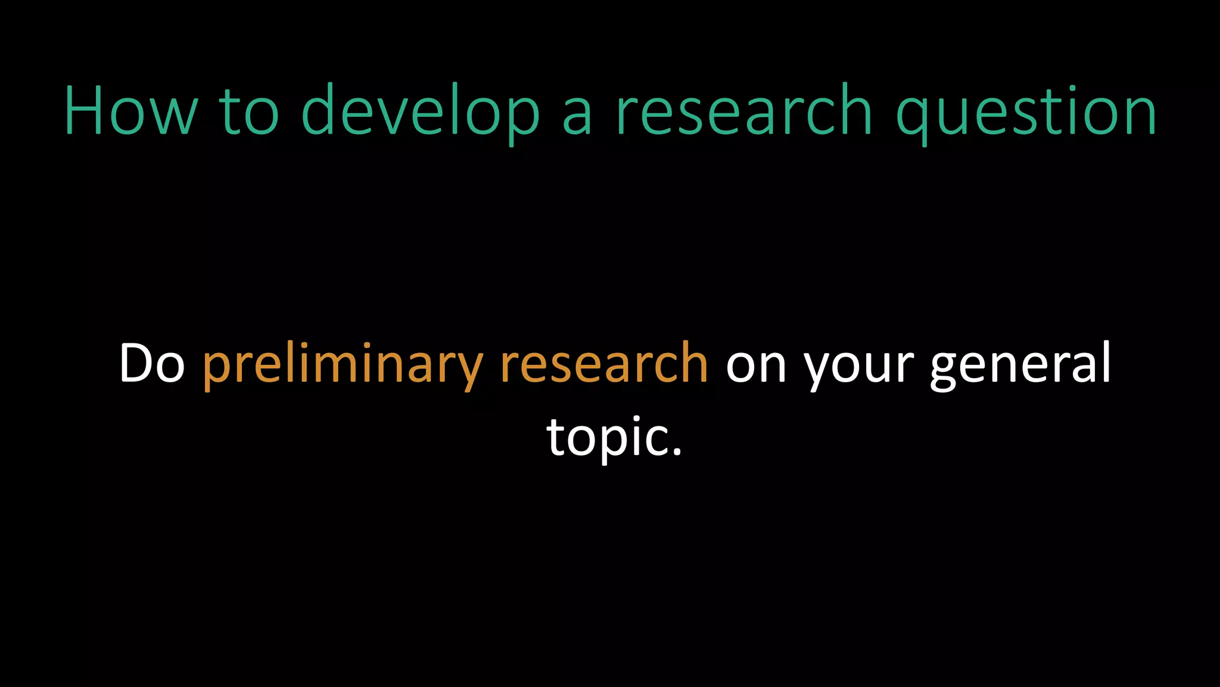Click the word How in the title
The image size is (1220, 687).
pyautogui.click(x=130, y=112)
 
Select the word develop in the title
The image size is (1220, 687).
pyautogui.click(x=421, y=112)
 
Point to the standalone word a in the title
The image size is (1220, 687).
pyautogui.click(x=577, y=113)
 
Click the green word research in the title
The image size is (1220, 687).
pyautogui.click(x=744, y=112)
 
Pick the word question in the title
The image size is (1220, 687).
pyautogui.click(x=1026, y=112)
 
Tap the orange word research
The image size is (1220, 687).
pyautogui.click(x=604, y=363)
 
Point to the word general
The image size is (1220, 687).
pyautogui.click(x=1020, y=363)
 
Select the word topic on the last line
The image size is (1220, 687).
pyautogui.click(x=606, y=437)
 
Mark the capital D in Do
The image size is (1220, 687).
pyautogui.click(x=136, y=363)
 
